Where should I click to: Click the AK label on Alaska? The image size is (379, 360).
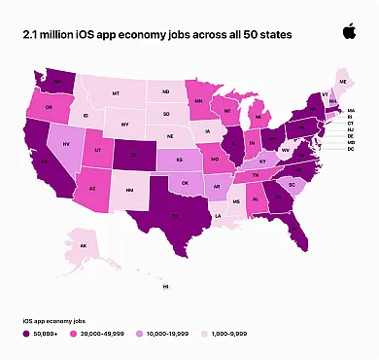click(84, 246)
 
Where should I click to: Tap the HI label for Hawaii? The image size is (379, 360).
click(166, 287)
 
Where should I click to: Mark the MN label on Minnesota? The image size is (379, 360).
click(198, 99)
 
